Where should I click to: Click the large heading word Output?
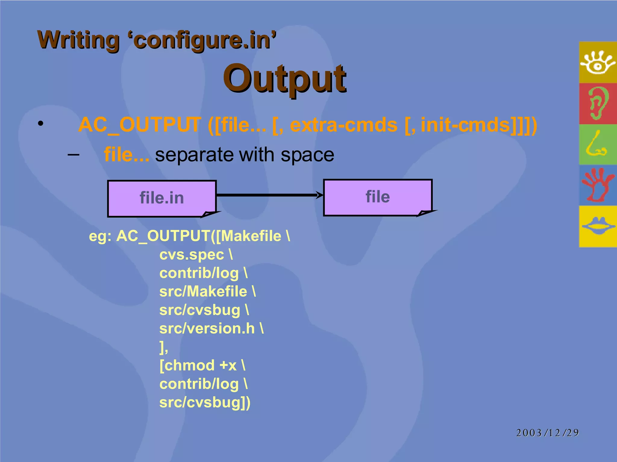point(284,79)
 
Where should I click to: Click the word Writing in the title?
point(79,40)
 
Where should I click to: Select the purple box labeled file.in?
point(162,198)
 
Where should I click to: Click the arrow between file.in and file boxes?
point(270,195)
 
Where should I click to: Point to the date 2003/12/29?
point(547,433)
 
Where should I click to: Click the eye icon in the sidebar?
point(597,63)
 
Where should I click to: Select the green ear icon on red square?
point(597,103)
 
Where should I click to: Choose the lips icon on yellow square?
point(598,226)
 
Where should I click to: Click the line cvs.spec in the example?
point(192,255)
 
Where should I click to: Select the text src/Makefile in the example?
point(203,291)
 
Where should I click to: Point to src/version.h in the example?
point(207,328)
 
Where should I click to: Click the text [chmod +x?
point(198,365)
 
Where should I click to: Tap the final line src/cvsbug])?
point(205,402)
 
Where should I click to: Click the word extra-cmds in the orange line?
point(343,125)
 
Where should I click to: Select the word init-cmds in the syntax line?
point(465,125)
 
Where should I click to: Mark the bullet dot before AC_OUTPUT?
point(41,124)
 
